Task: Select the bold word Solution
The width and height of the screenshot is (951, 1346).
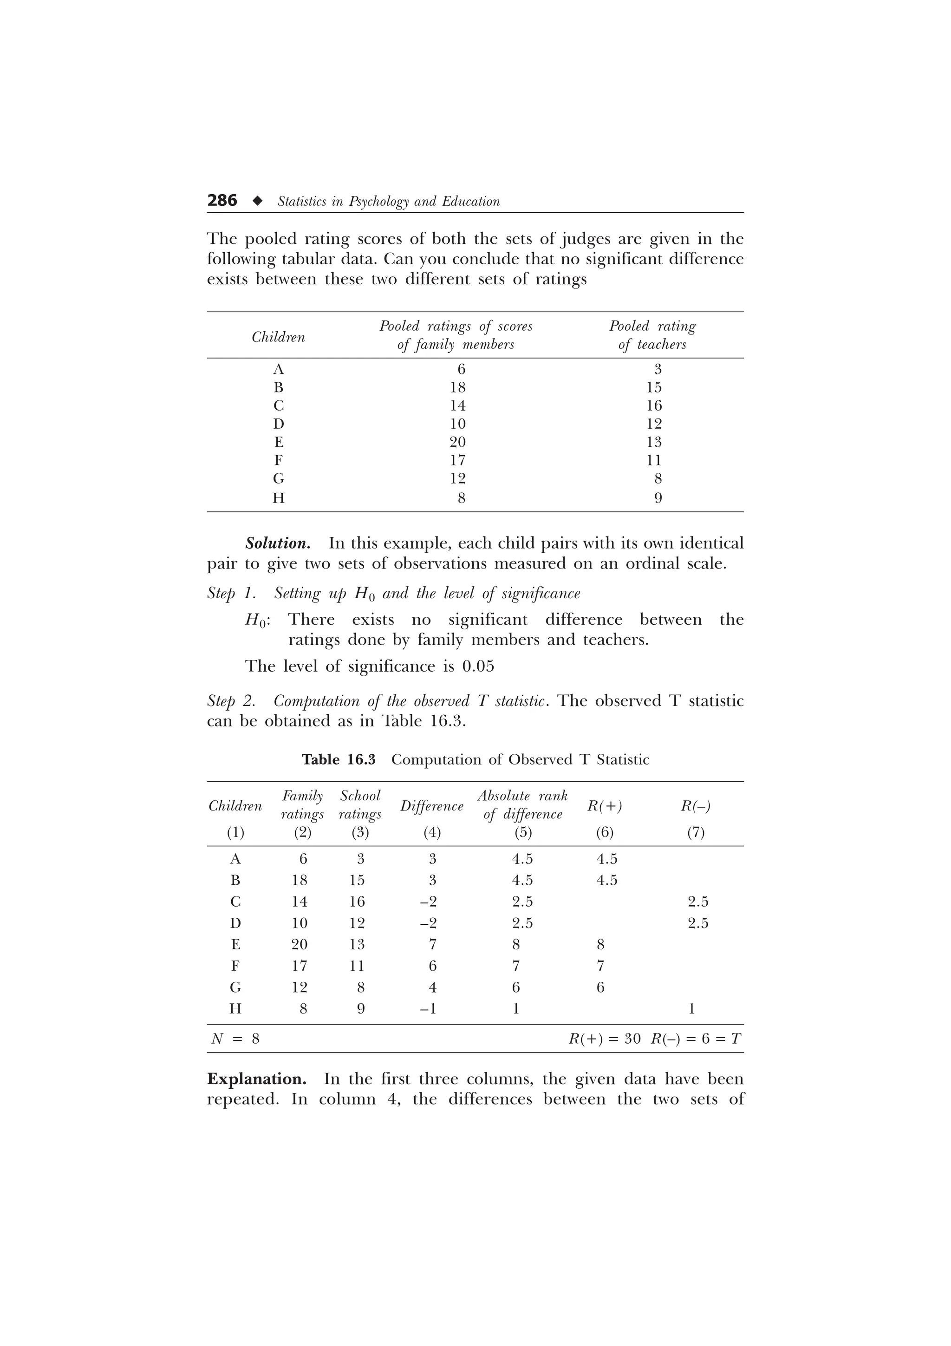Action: click(278, 543)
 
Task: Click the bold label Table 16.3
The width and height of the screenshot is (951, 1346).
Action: click(338, 759)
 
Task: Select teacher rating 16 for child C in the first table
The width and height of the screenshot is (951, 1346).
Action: click(653, 405)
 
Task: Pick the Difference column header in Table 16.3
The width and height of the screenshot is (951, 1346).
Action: click(432, 806)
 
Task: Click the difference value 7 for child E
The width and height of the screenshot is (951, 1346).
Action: click(432, 944)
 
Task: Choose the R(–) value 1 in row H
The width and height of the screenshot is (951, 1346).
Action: click(691, 1008)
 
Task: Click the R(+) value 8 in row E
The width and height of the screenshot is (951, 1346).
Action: click(600, 944)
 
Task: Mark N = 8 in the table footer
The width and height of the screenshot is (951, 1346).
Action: click(235, 1039)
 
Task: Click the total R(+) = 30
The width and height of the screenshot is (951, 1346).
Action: click(604, 1039)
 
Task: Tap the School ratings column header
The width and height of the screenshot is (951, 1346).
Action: click(360, 805)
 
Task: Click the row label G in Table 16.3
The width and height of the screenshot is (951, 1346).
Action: click(235, 987)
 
